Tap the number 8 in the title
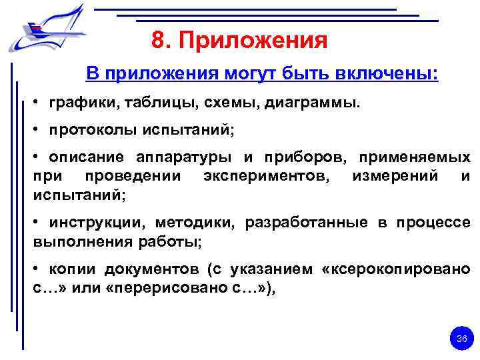coord(158,41)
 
